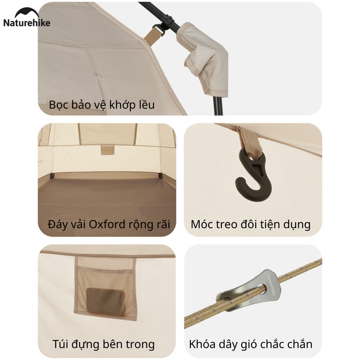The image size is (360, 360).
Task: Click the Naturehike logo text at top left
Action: (x=27, y=23)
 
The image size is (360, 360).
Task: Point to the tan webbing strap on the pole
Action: (x=152, y=34)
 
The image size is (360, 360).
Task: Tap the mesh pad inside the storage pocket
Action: (x=105, y=301)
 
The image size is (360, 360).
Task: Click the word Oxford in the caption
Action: (x=107, y=224)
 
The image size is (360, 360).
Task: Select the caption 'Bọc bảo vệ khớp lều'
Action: (x=102, y=105)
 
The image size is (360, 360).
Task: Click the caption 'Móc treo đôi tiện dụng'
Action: (x=251, y=225)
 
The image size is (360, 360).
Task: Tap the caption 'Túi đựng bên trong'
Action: (x=104, y=345)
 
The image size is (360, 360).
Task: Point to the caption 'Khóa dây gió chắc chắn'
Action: (x=251, y=344)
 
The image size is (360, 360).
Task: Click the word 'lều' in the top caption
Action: (x=147, y=104)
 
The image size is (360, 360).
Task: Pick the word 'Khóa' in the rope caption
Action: (x=202, y=344)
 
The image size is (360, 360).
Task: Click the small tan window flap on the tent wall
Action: (x=108, y=149)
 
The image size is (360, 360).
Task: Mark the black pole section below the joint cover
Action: (x=218, y=105)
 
